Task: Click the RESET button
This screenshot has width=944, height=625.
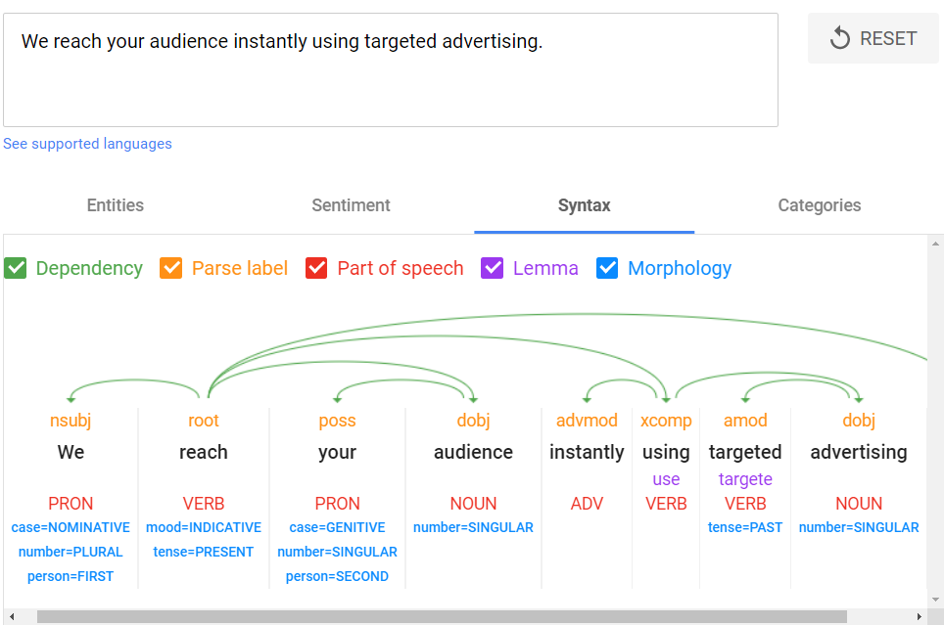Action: pyautogui.click(x=873, y=38)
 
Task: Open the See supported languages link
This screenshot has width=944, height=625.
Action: pyautogui.click(x=87, y=144)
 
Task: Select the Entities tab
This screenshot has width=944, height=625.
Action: pyautogui.click(x=115, y=205)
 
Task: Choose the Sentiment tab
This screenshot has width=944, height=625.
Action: pyautogui.click(x=351, y=205)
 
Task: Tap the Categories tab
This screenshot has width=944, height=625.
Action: pyautogui.click(x=820, y=205)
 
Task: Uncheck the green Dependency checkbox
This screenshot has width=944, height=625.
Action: pyautogui.click(x=16, y=268)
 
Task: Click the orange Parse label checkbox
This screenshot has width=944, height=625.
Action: pyautogui.click(x=171, y=268)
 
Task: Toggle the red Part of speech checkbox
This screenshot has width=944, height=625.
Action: pyautogui.click(x=316, y=268)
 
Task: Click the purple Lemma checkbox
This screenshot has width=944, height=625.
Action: pyautogui.click(x=492, y=268)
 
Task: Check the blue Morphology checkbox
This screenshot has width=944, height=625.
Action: pyautogui.click(x=607, y=268)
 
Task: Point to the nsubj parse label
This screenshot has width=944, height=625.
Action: pyautogui.click(x=71, y=420)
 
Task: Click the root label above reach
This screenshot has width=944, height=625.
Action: pyautogui.click(x=204, y=420)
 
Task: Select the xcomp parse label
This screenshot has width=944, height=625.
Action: pyautogui.click(x=666, y=421)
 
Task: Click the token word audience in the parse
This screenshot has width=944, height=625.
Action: pyautogui.click(x=473, y=452)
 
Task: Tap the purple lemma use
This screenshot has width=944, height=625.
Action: pyautogui.click(x=666, y=479)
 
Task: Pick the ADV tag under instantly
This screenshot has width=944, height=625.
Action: pyautogui.click(x=587, y=504)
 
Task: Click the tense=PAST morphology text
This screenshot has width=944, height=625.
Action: pyautogui.click(x=745, y=527)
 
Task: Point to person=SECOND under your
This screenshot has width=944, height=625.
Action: pyautogui.click(x=337, y=576)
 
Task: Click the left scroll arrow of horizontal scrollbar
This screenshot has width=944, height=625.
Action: pyautogui.click(x=12, y=616)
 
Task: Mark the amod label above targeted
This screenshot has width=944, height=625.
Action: pyautogui.click(x=745, y=420)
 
